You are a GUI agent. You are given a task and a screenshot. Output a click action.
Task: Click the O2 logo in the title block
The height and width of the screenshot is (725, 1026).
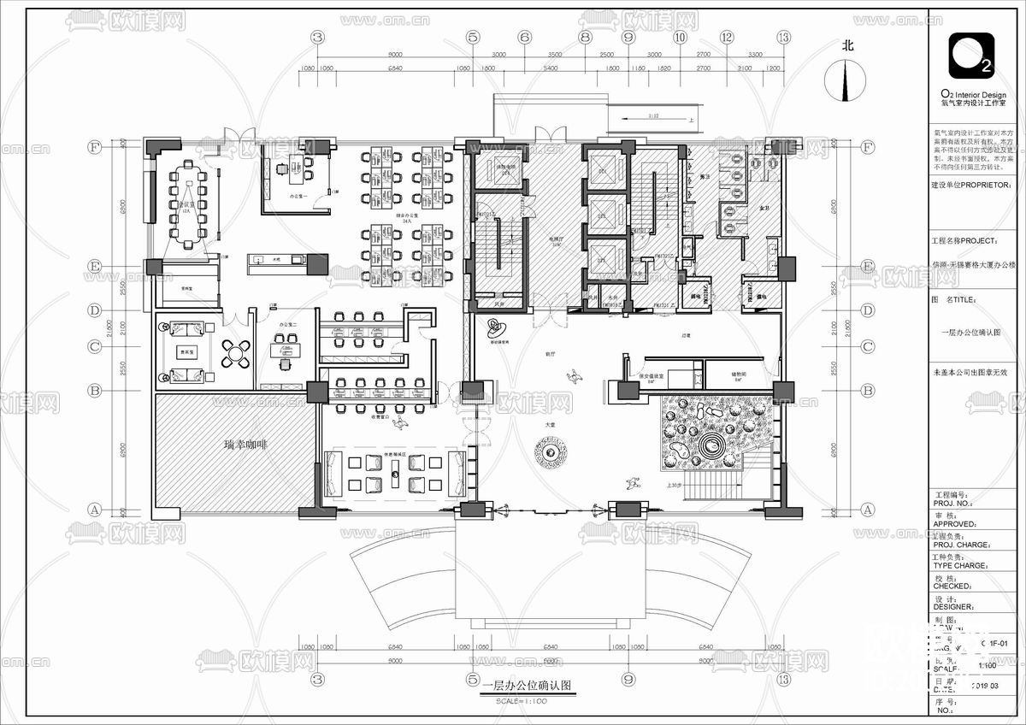(972, 56)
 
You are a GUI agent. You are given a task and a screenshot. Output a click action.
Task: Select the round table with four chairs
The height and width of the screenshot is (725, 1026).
(236, 353)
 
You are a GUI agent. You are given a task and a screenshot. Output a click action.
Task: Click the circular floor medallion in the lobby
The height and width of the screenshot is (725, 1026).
(548, 449)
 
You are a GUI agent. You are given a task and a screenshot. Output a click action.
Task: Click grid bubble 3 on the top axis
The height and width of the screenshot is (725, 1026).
(319, 37)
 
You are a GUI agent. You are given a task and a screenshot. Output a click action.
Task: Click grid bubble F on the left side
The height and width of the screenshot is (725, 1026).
(95, 147)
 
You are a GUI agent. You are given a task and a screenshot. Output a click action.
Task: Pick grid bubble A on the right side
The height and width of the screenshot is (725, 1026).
(868, 510)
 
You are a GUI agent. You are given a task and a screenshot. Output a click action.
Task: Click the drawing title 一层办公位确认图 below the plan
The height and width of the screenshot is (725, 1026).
(525, 686)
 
